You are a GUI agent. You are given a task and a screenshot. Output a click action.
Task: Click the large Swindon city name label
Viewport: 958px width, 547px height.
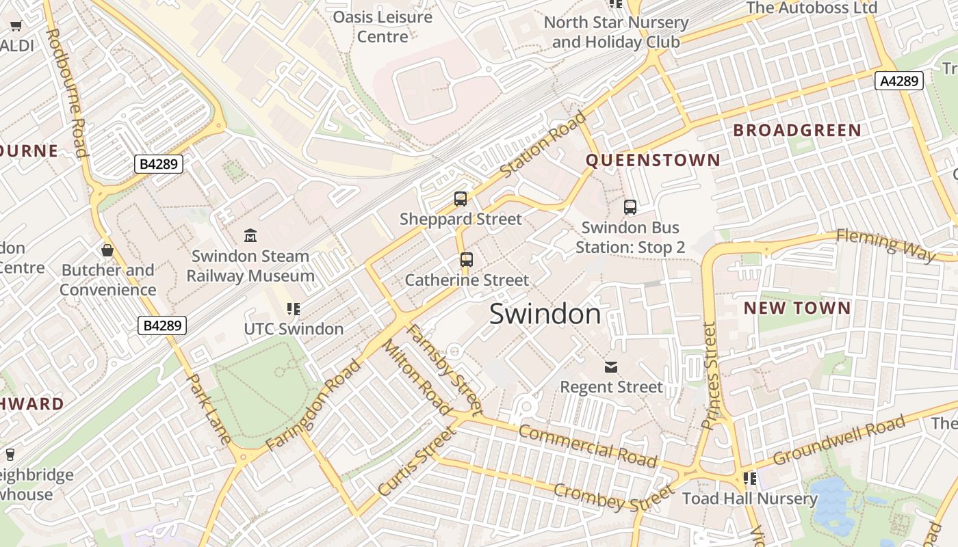(545, 314)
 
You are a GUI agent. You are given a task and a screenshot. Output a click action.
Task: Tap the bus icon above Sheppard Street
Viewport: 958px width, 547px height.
(461, 199)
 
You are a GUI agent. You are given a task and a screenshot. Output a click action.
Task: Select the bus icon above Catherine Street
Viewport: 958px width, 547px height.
(466, 260)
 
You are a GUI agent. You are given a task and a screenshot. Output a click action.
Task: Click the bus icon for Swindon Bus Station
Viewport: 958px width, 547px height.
(630, 206)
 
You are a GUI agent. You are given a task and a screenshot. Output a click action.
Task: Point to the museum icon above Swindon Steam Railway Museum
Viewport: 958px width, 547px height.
(250, 236)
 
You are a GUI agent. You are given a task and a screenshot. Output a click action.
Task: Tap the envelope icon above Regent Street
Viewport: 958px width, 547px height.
(611, 367)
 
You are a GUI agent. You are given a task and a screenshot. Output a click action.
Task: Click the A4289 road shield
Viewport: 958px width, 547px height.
(899, 81)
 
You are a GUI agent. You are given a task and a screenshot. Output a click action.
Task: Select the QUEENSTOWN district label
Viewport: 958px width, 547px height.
(653, 160)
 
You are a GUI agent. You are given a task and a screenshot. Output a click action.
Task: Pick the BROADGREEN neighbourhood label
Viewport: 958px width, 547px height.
(797, 130)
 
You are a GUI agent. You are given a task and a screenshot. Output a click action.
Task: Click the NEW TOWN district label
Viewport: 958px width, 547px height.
(797, 308)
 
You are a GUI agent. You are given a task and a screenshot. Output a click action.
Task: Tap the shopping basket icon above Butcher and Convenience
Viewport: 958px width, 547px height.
(107, 250)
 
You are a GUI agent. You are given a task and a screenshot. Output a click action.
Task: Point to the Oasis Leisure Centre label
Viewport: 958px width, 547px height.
(383, 26)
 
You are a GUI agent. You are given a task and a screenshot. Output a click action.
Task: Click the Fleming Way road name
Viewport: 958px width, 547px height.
(885, 245)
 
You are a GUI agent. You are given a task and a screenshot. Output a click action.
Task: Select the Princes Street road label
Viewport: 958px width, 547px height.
(710, 376)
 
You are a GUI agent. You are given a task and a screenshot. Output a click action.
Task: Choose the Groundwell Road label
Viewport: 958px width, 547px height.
(838, 442)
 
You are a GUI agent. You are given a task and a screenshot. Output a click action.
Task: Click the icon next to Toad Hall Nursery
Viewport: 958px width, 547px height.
(750, 478)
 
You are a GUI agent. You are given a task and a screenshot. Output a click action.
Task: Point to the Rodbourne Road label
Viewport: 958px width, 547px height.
(66, 92)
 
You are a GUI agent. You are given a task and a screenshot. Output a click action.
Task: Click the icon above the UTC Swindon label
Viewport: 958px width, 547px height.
(294, 309)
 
